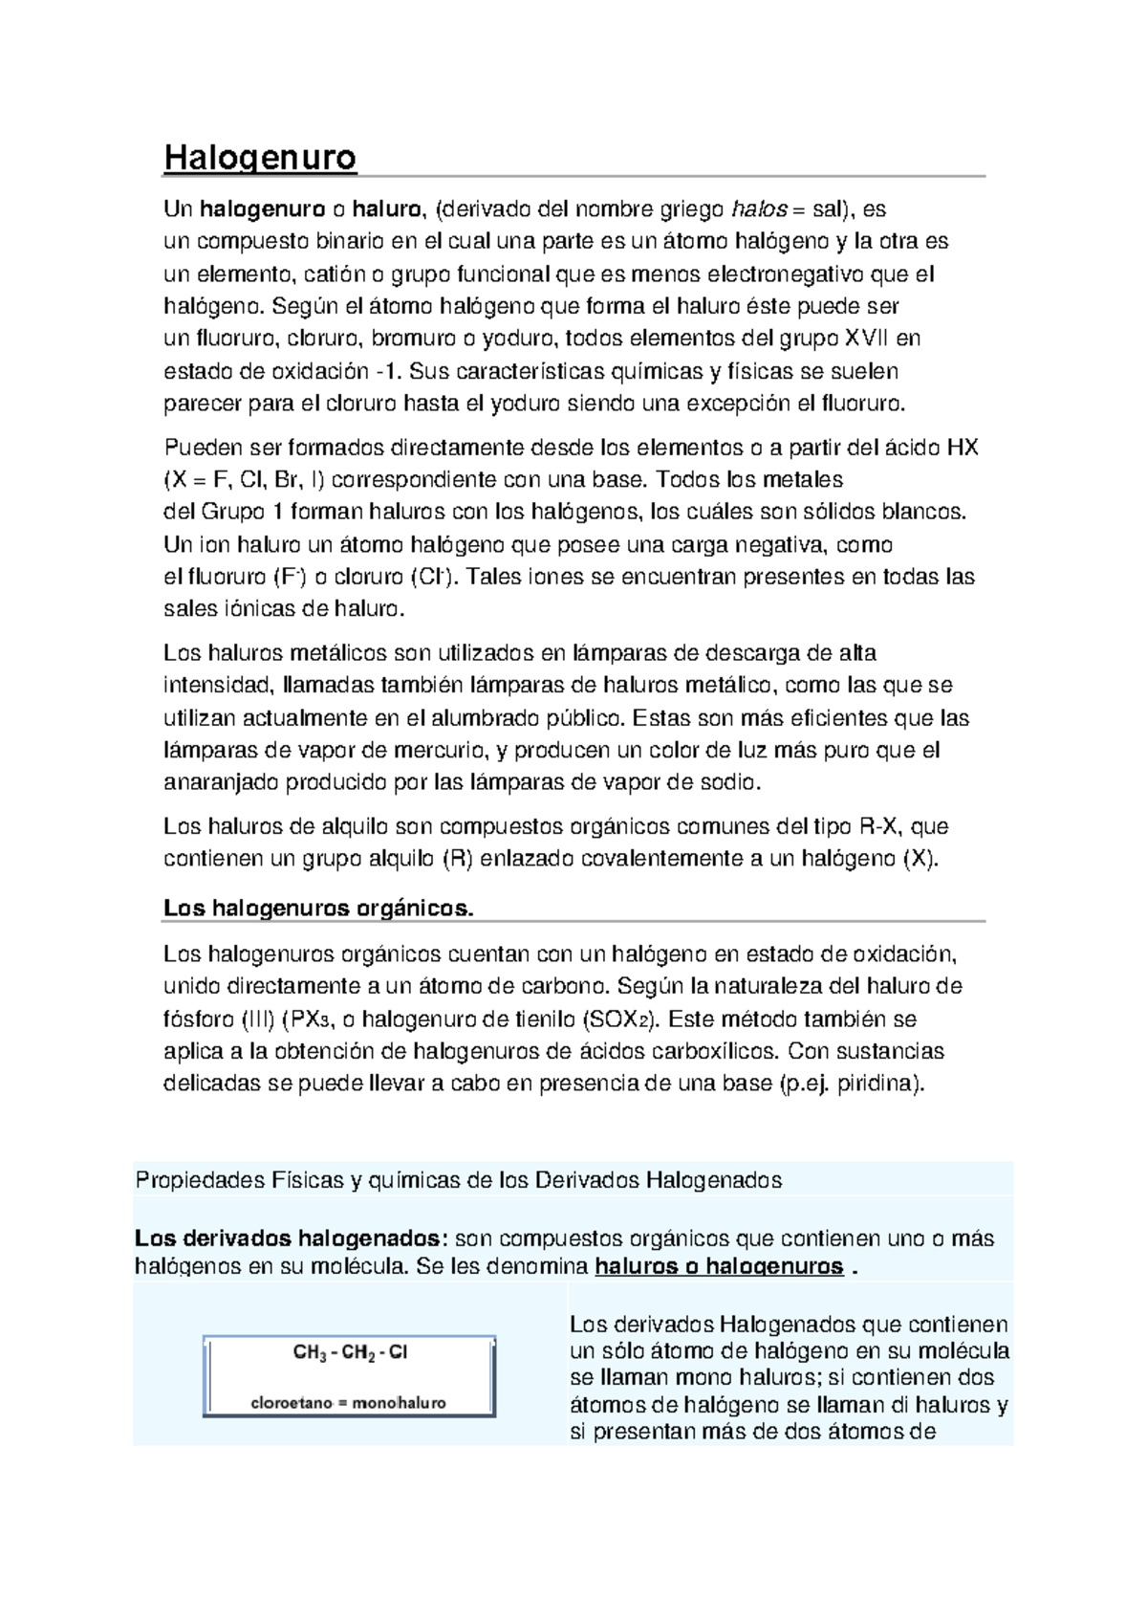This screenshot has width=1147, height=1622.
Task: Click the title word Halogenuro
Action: [260, 157]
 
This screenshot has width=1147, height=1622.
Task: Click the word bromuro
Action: [413, 338]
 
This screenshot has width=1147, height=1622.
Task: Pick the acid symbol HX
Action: [962, 447]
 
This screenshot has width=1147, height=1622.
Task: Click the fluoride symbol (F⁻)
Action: [288, 578]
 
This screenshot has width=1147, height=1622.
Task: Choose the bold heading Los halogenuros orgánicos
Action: [318, 908]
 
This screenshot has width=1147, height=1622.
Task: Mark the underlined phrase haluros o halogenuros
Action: [719, 1268]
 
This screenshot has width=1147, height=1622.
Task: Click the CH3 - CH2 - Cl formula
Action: [350, 1352]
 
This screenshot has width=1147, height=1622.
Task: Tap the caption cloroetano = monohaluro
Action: [348, 1403]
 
